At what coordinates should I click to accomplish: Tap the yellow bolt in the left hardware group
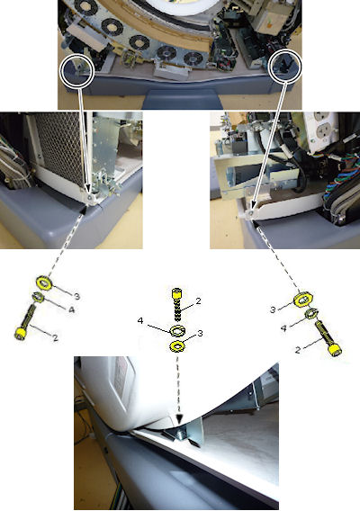pos(25,323)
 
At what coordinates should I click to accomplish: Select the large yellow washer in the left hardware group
pos(43,282)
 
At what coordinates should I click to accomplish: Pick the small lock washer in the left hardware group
pos(38,298)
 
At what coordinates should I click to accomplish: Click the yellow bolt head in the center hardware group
pos(176,293)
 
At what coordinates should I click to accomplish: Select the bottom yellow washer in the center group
pos(177,346)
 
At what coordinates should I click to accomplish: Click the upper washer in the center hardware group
pos(177,330)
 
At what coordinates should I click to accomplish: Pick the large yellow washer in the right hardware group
pos(303,300)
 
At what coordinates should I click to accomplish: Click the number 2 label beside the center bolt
pos(199,301)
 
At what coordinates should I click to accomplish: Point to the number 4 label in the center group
pos(140,321)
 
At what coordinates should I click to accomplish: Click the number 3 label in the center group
pos(200,333)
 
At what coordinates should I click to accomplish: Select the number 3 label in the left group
pos(76,296)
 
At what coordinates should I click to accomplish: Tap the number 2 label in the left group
pos(55,338)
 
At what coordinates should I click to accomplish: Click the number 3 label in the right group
pos(273,309)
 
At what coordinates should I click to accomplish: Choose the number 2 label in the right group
pos(297,350)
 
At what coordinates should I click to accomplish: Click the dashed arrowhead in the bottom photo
pos(179,419)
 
